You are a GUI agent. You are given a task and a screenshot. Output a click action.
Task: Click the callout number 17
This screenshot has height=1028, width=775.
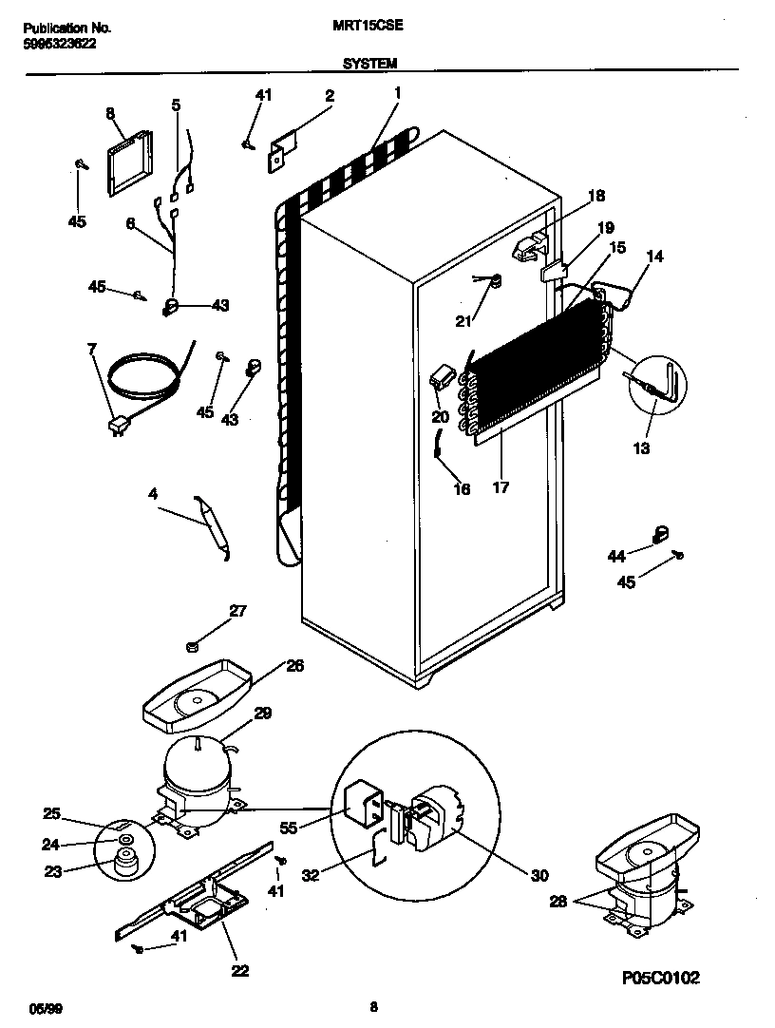[501, 487]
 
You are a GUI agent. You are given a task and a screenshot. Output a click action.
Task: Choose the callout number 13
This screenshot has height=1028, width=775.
[642, 448]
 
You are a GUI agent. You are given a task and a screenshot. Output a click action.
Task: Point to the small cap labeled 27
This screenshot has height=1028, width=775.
[190, 647]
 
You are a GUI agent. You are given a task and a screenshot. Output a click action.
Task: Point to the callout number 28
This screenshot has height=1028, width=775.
[559, 902]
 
